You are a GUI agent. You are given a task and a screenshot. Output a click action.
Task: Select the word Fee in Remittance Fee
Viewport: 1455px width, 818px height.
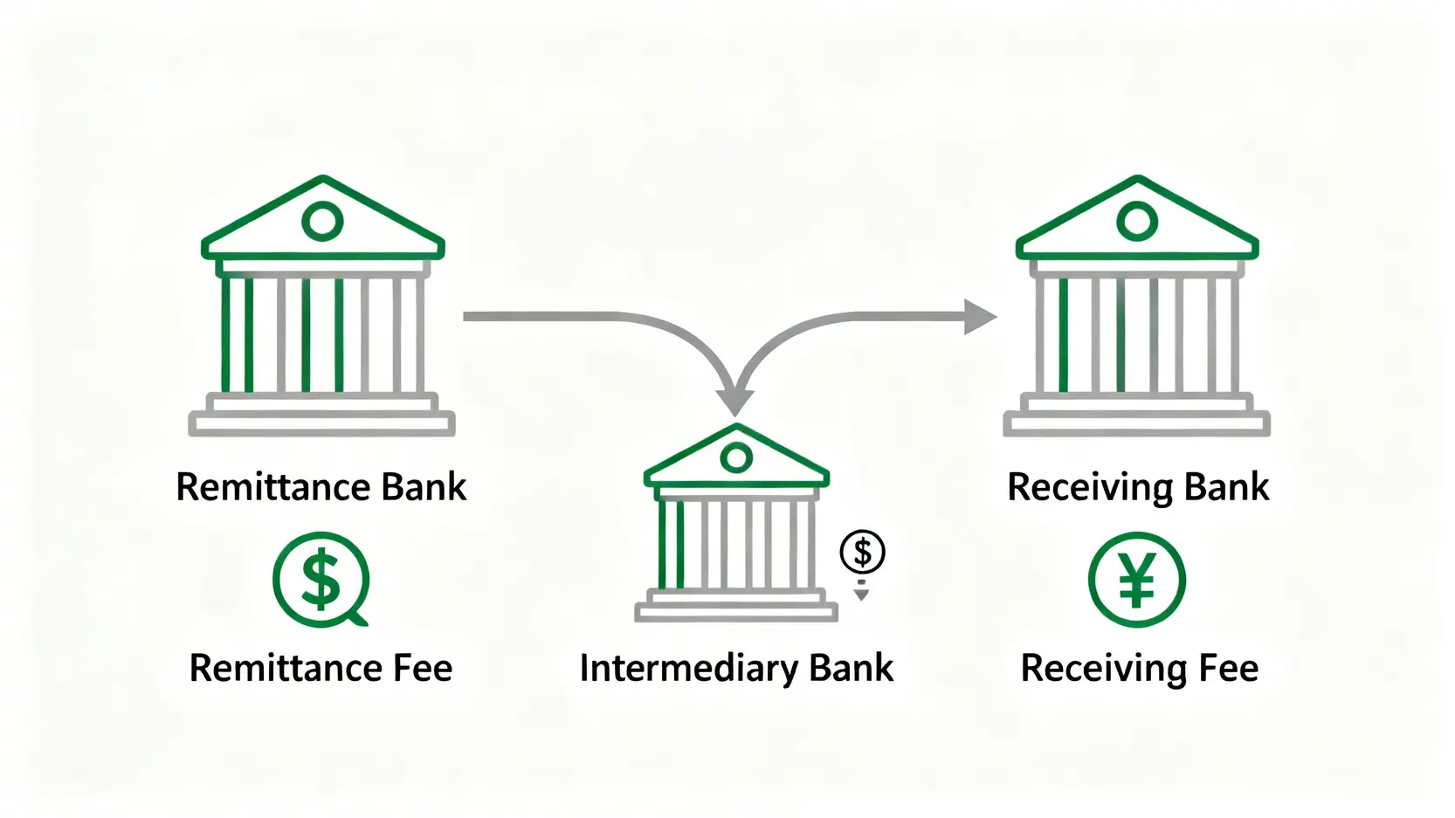click(423, 669)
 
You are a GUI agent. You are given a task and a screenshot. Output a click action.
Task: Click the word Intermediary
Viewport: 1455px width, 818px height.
click(689, 669)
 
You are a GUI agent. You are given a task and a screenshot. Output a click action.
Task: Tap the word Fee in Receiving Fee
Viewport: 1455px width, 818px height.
click(1228, 669)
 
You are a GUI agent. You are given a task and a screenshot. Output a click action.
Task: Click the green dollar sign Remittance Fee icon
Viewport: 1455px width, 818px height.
click(321, 580)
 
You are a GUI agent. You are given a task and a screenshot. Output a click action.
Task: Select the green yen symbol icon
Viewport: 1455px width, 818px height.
click(1137, 580)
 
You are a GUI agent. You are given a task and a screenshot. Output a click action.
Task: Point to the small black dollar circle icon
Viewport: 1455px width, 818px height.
click(862, 552)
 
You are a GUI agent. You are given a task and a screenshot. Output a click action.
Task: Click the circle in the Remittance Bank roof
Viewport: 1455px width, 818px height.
click(322, 221)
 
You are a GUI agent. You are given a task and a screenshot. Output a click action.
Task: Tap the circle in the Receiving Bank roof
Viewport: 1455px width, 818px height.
click(1137, 221)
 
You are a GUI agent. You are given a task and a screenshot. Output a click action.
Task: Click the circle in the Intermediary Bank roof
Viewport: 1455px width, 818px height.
click(736, 457)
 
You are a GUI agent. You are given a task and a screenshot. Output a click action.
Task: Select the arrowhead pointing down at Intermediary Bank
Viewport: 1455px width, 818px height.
click(735, 401)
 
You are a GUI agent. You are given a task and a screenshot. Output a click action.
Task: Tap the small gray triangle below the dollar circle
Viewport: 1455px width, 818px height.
click(861, 595)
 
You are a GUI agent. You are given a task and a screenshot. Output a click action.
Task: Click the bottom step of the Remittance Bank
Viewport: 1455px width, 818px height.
click(321, 425)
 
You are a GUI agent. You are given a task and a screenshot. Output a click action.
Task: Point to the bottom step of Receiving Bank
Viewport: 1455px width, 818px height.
click(1136, 425)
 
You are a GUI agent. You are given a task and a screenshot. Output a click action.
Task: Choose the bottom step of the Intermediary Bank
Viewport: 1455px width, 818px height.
click(736, 613)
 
